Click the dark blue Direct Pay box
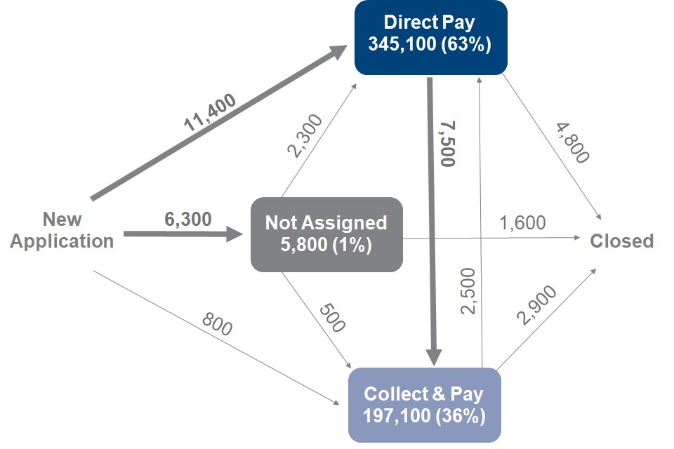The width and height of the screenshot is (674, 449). point(430,38)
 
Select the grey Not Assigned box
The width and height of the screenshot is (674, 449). point(326,234)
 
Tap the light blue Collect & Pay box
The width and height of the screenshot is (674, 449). point(425,405)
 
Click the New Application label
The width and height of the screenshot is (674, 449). point(62,230)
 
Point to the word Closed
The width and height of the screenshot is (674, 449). point(621,241)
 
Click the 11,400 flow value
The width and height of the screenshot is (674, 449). point(210,112)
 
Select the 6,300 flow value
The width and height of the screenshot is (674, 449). point(188,219)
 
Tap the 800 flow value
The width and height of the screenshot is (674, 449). point(217,324)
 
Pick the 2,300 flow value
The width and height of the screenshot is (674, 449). point(305,136)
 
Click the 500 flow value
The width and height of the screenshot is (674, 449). point(332,318)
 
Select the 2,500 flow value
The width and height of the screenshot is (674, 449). point(468,291)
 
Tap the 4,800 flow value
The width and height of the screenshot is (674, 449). point(573,142)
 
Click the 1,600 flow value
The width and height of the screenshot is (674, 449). point(522,222)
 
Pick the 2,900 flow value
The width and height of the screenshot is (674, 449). point(536,305)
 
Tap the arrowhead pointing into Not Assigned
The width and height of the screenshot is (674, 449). point(234,234)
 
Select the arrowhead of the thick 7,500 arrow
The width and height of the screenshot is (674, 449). point(434,358)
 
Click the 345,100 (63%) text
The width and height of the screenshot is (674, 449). point(430,44)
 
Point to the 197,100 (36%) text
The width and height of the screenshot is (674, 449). point(424,416)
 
